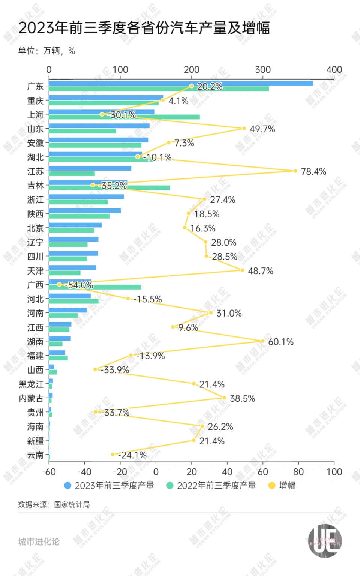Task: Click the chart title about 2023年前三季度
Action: click(144, 28)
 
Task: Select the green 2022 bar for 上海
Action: click(124, 117)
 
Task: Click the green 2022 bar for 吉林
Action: click(109, 188)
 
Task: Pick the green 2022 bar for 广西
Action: click(95, 287)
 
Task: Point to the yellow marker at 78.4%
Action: click(295, 171)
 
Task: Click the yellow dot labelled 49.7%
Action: click(244, 128)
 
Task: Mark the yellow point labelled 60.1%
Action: click(262, 341)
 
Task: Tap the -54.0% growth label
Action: click(79, 285)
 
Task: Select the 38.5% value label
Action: click(242, 398)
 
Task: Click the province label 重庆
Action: click(35, 101)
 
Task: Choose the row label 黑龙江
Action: click(31, 384)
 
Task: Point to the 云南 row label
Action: click(35, 455)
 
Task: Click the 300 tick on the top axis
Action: click(263, 70)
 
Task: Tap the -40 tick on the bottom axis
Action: click(84, 472)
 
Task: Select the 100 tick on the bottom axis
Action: click(334, 472)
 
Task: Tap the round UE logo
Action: click(325, 541)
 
